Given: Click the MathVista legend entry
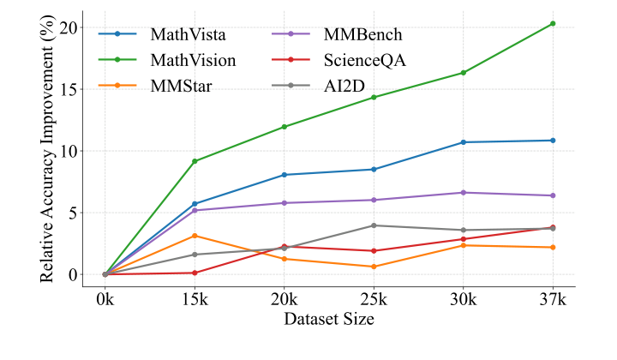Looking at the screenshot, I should coord(180,35).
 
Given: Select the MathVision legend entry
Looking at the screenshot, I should coord(187,60).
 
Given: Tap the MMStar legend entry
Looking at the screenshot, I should coord(176,85).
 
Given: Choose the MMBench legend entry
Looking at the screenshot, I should coord(362,35).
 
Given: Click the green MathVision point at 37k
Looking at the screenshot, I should coord(553,23).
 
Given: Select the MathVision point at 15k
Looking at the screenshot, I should coord(195,161).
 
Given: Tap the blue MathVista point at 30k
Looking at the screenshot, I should coord(463,142).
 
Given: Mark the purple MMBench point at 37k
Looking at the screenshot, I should coord(553,195).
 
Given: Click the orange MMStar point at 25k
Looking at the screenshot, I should coord(374,267).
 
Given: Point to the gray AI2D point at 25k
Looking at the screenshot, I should coord(374,225).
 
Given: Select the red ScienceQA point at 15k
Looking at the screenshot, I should coord(195,273).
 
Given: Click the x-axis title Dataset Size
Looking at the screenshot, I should coord(329,319).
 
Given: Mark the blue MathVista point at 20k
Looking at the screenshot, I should coord(285,175).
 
